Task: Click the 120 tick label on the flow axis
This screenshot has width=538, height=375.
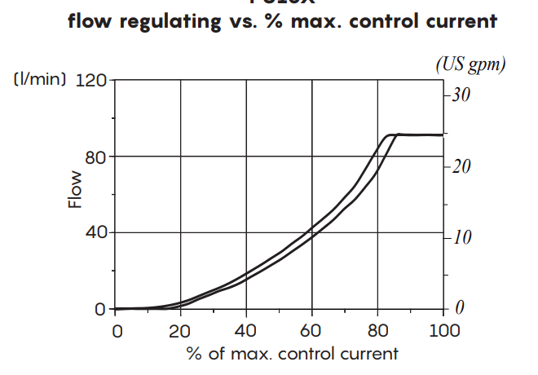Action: (x=91, y=81)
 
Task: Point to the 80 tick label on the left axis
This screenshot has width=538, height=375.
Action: (x=96, y=157)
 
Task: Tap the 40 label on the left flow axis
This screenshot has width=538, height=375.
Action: (x=96, y=233)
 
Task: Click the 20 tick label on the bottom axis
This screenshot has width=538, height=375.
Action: (x=180, y=331)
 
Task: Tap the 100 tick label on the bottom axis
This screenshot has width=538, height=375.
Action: (x=443, y=331)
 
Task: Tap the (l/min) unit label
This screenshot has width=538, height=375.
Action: (x=39, y=81)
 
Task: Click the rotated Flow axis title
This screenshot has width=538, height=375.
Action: (x=75, y=189)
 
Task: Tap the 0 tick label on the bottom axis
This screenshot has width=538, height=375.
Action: (x=117, y=331)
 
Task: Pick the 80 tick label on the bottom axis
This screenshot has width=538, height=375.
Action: (x=377, y=331)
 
